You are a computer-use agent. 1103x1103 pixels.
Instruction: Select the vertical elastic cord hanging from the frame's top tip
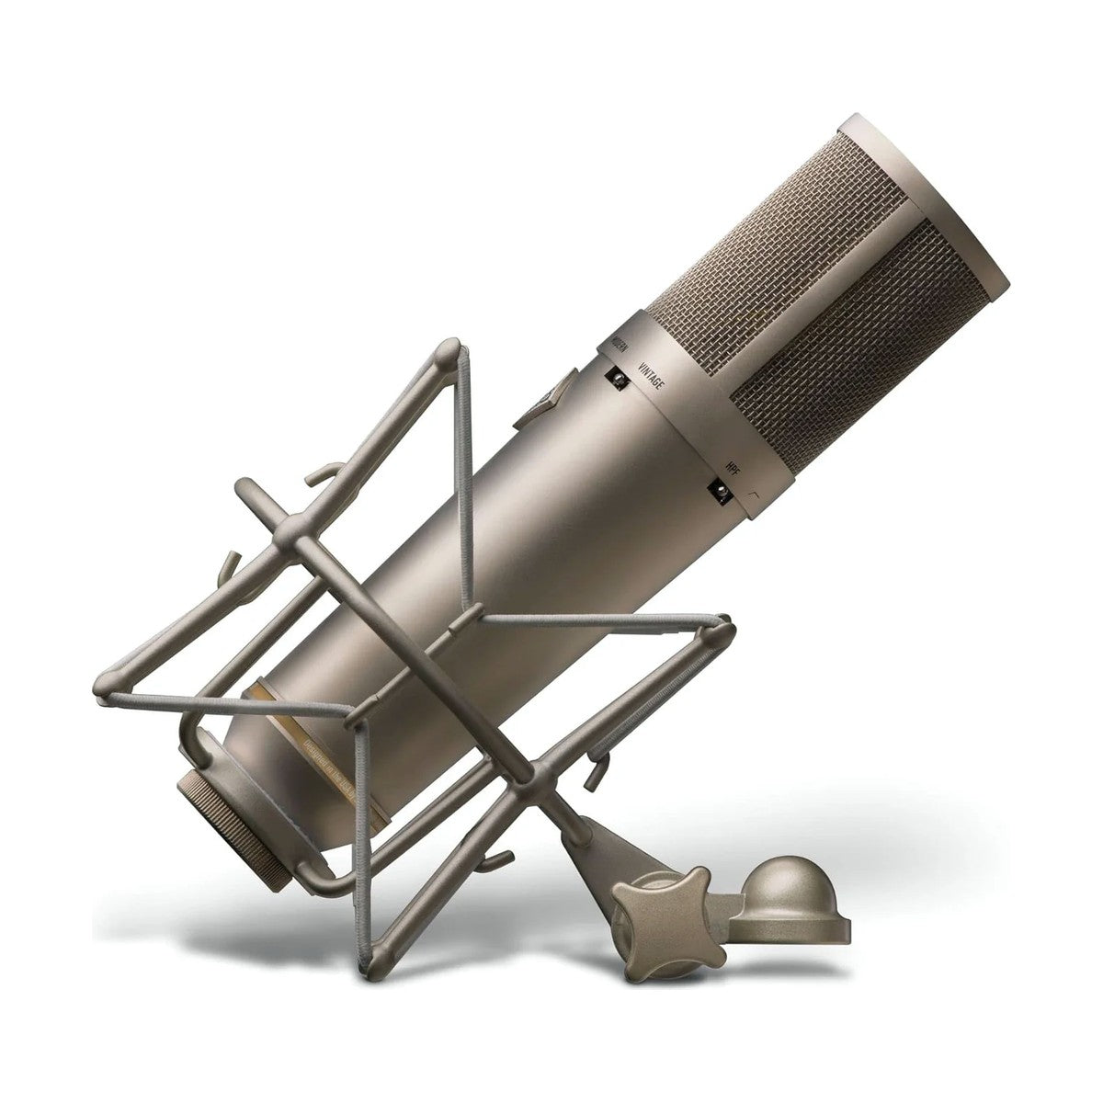tap(466, 460)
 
